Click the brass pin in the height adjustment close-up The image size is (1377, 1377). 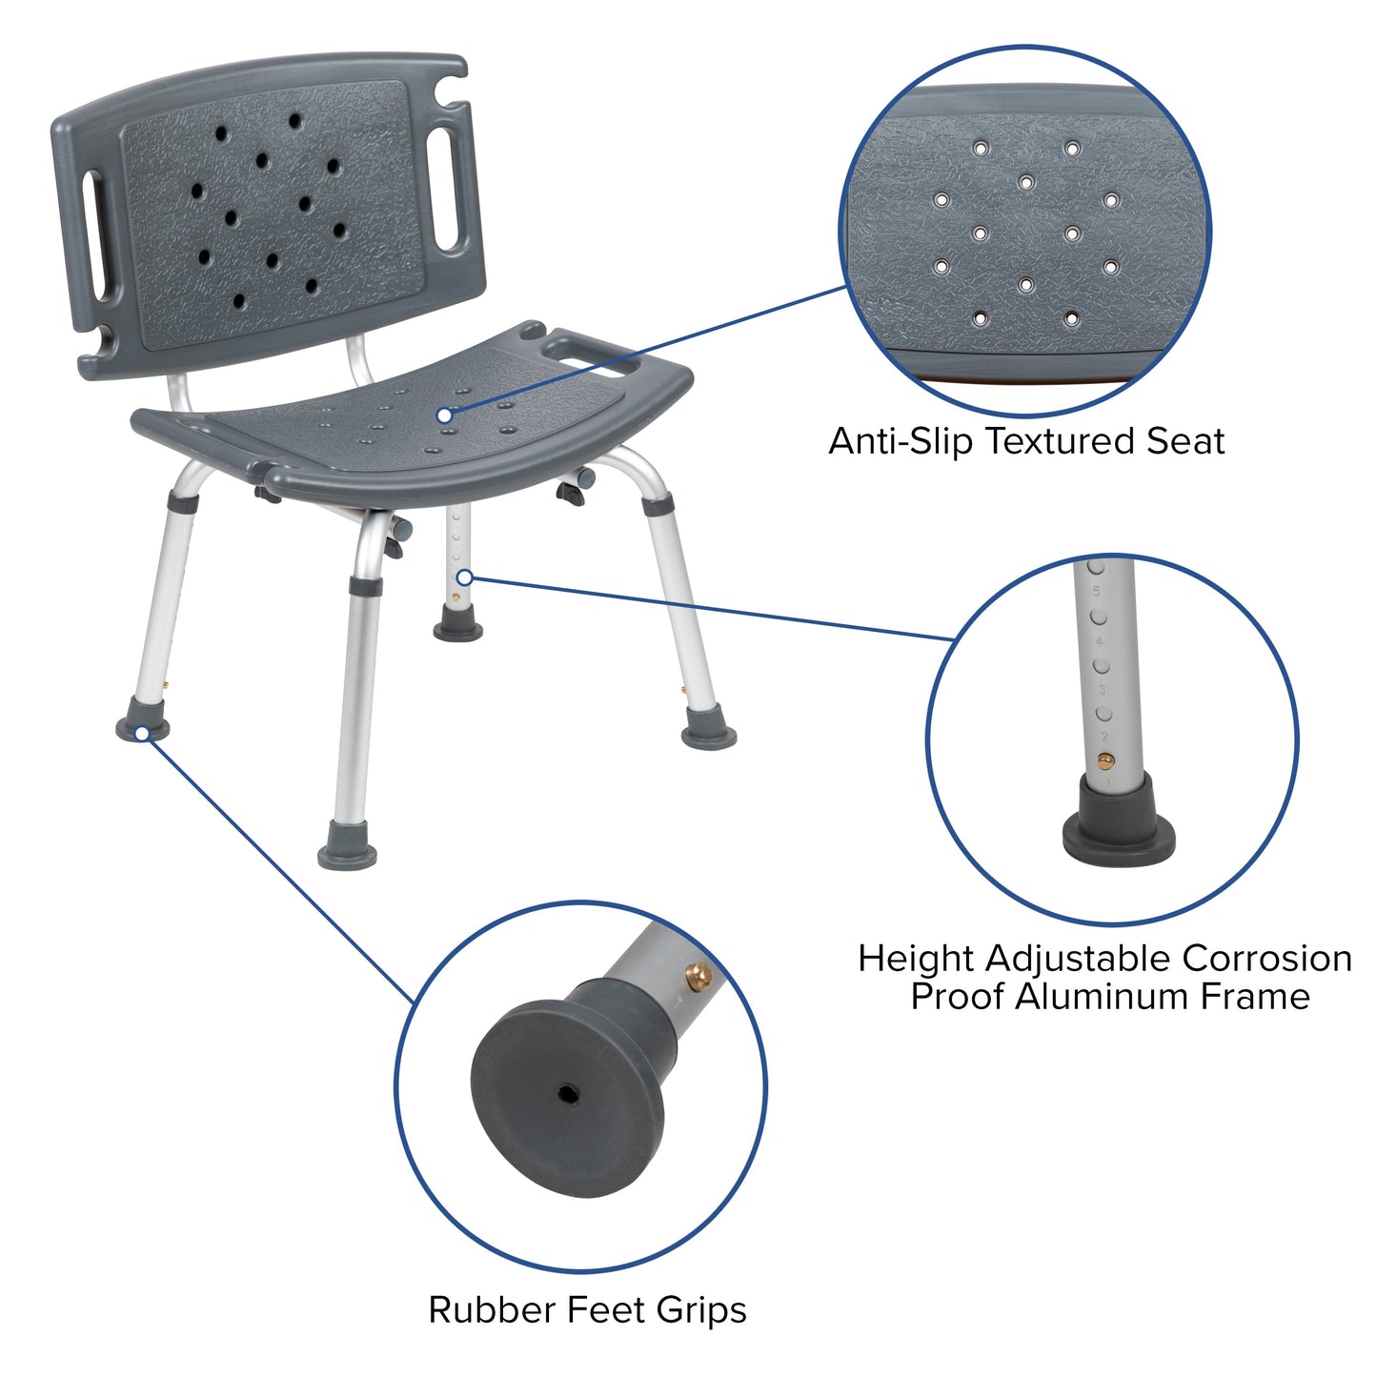pos(1105,760)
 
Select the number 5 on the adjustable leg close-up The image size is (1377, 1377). pos(1097,592)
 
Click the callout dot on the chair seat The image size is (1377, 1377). pos(444,415)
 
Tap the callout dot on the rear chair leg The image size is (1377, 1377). pos(464,577)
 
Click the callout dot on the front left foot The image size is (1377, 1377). pos(142,733)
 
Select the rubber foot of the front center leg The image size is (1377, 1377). pos(347,846)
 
